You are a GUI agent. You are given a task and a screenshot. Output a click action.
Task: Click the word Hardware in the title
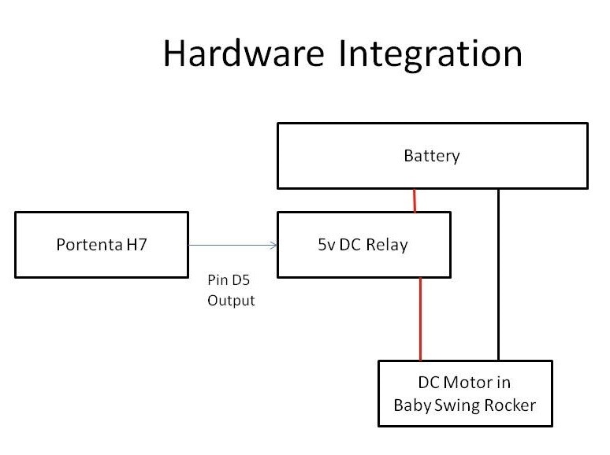[244, 54]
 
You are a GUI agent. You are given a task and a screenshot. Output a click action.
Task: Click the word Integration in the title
[430, 54]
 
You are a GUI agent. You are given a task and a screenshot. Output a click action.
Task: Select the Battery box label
[431, 156]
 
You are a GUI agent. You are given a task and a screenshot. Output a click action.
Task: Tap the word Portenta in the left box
[87, 245]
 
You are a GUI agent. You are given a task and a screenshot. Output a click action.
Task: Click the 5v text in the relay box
[318, 245]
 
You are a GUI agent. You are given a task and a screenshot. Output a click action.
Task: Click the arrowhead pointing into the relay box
[274, 245]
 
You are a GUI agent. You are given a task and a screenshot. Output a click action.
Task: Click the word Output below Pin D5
[231, 301]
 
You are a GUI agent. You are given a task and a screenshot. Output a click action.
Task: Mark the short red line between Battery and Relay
[415, 200]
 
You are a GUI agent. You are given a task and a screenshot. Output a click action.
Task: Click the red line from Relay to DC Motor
[421, 319]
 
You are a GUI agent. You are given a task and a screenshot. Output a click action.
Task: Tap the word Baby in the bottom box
[411, 406]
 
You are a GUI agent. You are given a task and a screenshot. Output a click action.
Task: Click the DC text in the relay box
[346, 245]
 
